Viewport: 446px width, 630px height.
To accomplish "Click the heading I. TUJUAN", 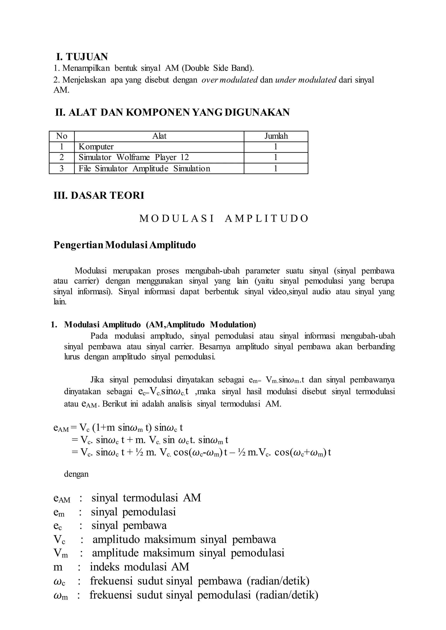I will click(x=82, y=57).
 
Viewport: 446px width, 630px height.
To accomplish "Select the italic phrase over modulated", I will click(x=230, y=80).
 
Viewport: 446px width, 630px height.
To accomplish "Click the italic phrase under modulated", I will click(x=306, y=80).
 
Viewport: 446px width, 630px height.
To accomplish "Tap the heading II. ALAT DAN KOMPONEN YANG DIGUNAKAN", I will click(x=172, y=112).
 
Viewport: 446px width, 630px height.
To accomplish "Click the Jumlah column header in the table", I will click(x=276, y=136).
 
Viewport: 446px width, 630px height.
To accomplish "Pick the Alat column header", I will click(x=159, y=136).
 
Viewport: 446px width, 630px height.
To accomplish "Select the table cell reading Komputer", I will click(x=96, y=147).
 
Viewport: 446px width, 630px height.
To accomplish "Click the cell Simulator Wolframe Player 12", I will click(x=134, y=158).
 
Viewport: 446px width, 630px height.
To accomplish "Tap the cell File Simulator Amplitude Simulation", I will click(x=144, y=169).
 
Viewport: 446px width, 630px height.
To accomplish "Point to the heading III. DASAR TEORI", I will click(x=99, y=196).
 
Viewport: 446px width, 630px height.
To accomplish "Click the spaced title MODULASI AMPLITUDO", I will click(x=224, y=219).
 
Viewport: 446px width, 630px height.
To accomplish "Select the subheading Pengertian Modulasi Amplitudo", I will click(x=125, y=245).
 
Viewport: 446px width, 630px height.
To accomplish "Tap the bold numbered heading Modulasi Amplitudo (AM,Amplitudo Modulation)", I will click(x=160, y=325).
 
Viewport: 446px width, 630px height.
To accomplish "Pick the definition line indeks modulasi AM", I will click(x=140, y=567).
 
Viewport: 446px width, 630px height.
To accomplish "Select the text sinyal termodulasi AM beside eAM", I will click(x=146, y=498).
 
